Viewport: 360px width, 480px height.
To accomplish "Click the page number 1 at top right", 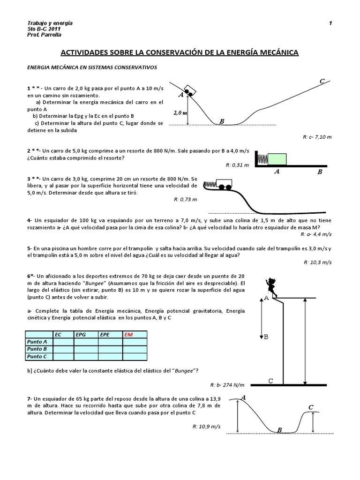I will [330, 23].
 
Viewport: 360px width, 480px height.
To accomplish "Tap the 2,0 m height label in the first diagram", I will [180, 113].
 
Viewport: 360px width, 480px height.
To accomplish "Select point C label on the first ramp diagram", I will [322, 82].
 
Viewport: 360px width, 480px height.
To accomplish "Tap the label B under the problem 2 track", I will [320, 172].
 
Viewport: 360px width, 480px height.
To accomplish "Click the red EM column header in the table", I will [129, 334].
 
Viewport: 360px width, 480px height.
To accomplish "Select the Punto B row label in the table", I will [37, 349].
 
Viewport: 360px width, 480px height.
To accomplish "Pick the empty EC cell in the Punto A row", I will [63, 342].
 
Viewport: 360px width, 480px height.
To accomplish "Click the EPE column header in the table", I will [105, 334].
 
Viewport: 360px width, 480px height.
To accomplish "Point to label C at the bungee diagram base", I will [271, 381].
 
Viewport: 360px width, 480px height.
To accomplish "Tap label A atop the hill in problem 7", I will [243, 397].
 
